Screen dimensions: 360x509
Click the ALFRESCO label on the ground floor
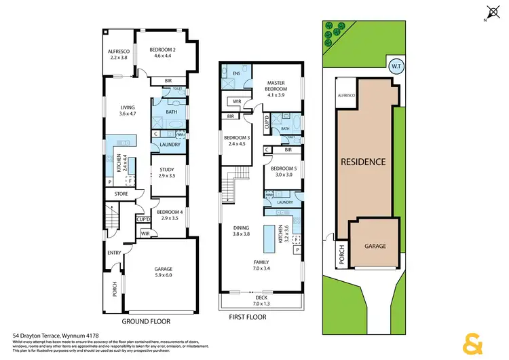point(119,51)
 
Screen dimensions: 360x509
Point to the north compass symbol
point(492,12)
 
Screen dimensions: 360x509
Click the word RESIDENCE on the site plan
point(363,162)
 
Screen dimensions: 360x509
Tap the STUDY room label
point(167,170)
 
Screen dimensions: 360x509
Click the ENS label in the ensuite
point(236,73)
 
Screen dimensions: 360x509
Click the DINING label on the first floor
point(241,228)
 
